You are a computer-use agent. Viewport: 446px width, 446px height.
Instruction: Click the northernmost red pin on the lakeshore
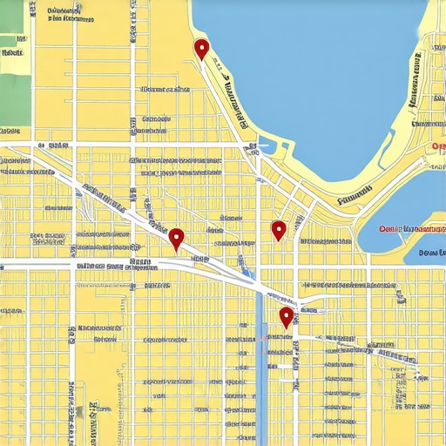pyautogui.click(x=201, y=49)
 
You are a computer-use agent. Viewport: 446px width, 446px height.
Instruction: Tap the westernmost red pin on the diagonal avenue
pyautogui.click(x=177, y=238)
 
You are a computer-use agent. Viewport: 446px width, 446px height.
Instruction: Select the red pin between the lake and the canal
pyautogui.click(x=279, y=230)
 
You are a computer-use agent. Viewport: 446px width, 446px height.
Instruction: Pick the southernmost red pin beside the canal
pyautogui.click(x=286, y=316)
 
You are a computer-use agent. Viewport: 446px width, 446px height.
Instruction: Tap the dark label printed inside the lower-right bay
pyautogui.click(x=430, y=253)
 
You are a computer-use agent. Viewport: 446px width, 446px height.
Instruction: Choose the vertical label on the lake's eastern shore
pyautogui.click(x=416, y=79)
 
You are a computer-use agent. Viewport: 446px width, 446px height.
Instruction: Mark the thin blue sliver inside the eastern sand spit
pyautogui.click(x=387, y=152)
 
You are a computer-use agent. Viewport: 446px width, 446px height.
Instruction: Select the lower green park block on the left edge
pyautogui.click(x=13, y=96)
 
